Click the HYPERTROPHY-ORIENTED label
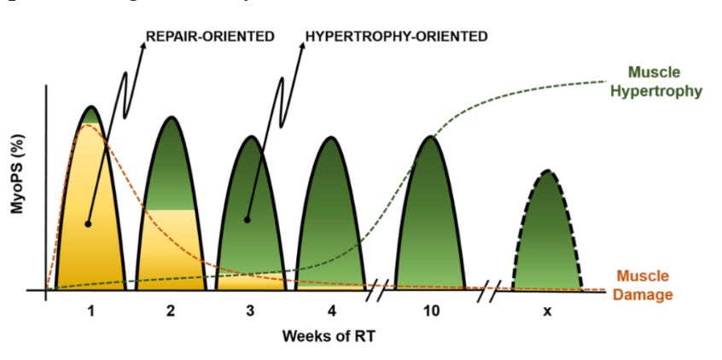coord(397,37)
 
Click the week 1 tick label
coord(90,311)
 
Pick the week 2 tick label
coord(171,311)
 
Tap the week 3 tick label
coord(250,311)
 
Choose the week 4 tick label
coord(330,311)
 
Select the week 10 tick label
coord(431,311)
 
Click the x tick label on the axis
coord(546,311)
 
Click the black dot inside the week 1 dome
coord(88,224)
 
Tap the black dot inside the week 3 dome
coord(248,219)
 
